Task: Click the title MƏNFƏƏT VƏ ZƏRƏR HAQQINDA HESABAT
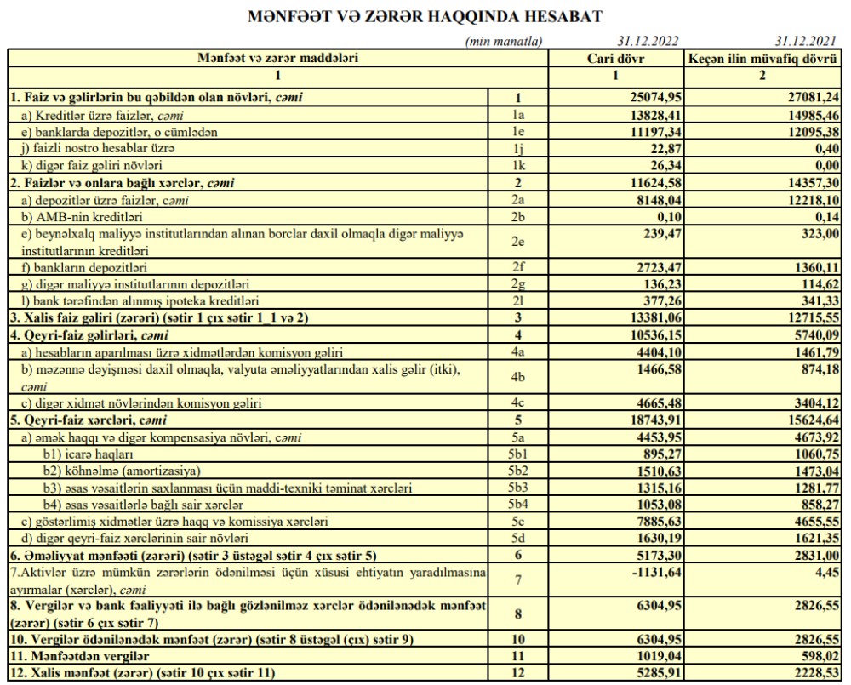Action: click(x=425, y=16)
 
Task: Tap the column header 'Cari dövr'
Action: click(x=617, y=58)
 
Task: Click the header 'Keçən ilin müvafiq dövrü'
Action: click(x=762, y=58)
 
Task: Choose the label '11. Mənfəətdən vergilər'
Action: click(x=67, y=656)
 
